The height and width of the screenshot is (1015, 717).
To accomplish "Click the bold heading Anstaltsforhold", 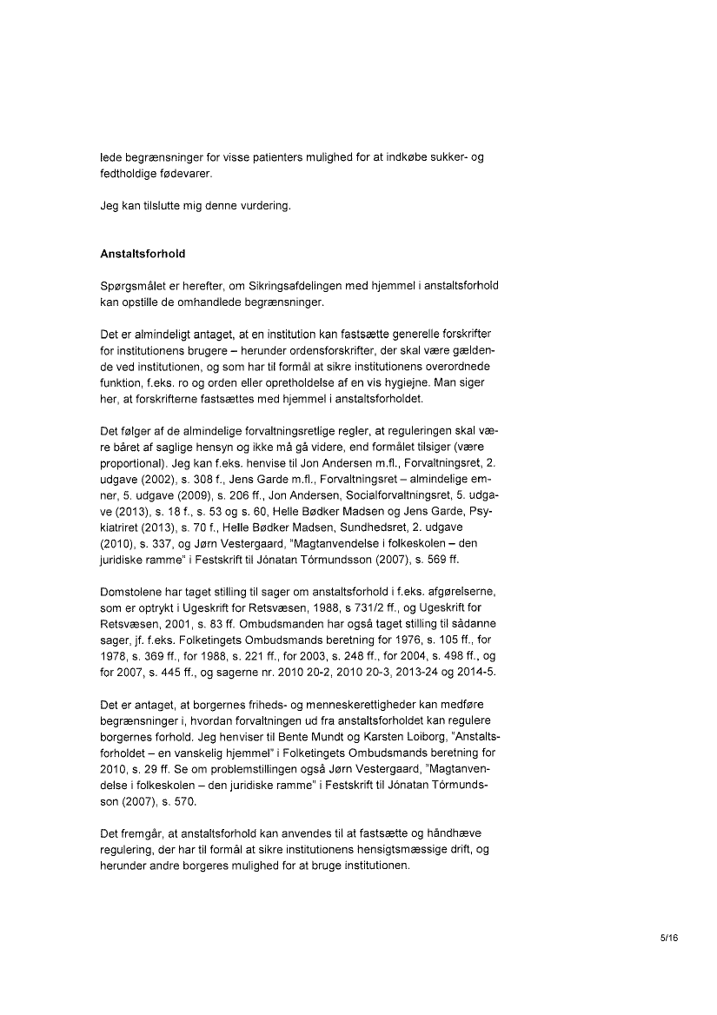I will (x=143, y=255).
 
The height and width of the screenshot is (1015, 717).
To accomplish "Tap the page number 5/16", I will (x=668, y=938).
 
